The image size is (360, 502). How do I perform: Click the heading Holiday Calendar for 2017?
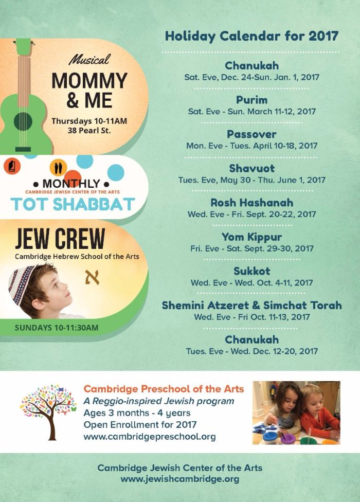point(251,36)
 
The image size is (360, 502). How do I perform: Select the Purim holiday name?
point(251,99)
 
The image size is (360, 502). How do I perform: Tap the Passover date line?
point(251,146)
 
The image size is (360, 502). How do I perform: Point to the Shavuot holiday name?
point(251,168)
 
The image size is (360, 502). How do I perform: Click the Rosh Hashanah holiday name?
point(251,203)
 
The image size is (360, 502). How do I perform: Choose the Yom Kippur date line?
point(251,248)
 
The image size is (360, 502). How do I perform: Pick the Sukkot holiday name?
point(251,271)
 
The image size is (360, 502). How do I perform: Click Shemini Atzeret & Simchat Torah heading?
point(251,305)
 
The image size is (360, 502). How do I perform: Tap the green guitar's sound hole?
point(23,121)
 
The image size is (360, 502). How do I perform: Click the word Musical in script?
point(89,60)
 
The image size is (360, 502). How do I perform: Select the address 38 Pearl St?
point(89,131)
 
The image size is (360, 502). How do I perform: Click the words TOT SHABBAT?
point(73,204)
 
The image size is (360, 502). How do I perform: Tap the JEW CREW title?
point(60,239)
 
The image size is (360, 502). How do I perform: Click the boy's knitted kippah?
point(21,282)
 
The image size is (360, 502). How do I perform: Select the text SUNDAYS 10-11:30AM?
point(57,327)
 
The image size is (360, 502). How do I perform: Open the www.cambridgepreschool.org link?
point(150,437)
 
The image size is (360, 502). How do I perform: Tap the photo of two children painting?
point(296,413)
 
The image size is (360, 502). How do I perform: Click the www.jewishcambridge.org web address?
point(180,478)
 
